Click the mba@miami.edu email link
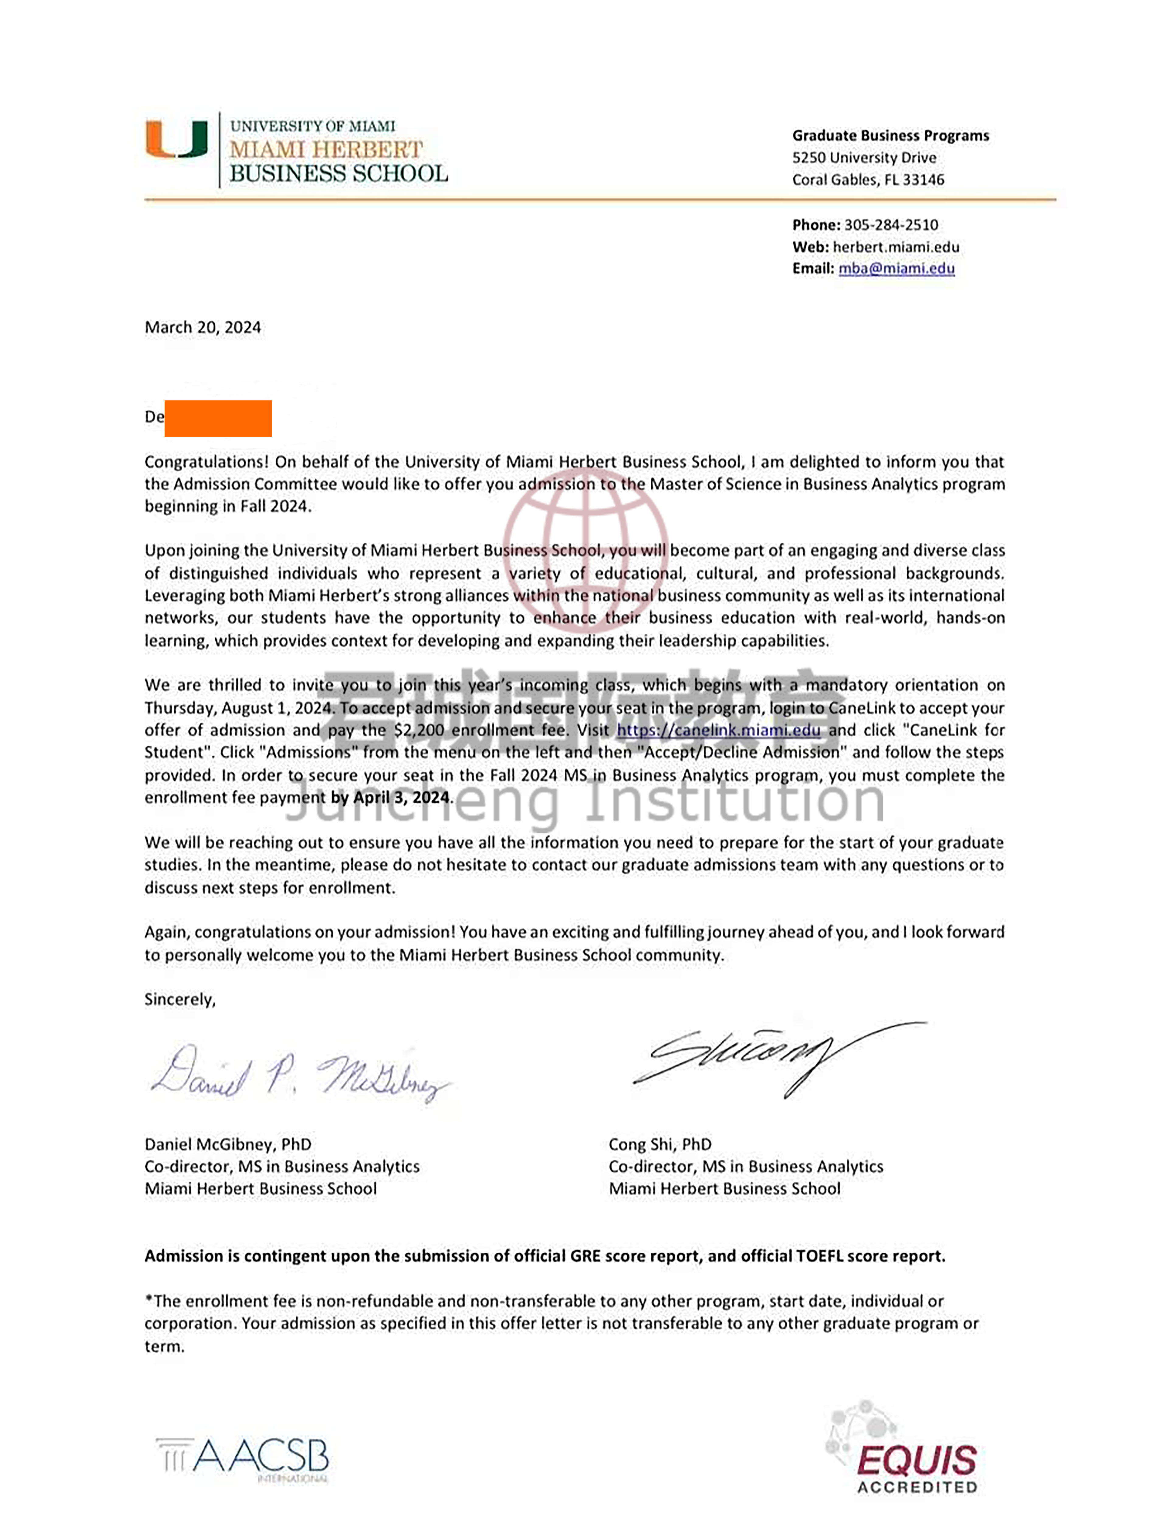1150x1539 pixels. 896,269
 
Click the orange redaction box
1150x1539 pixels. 218,418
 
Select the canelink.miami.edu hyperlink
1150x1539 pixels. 718,730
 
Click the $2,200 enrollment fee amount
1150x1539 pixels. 417,730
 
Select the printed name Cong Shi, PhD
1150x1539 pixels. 660,1144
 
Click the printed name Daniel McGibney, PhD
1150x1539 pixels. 228,1144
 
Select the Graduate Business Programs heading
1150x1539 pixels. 890,136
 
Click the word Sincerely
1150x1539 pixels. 179,1000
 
